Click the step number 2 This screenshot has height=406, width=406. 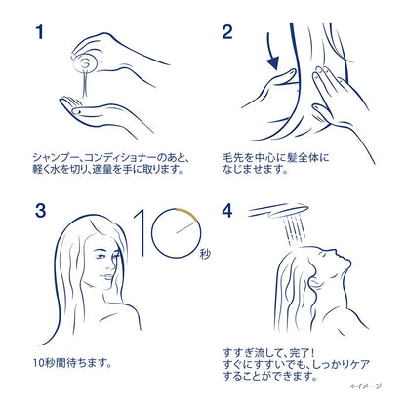tap(227, 34)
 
